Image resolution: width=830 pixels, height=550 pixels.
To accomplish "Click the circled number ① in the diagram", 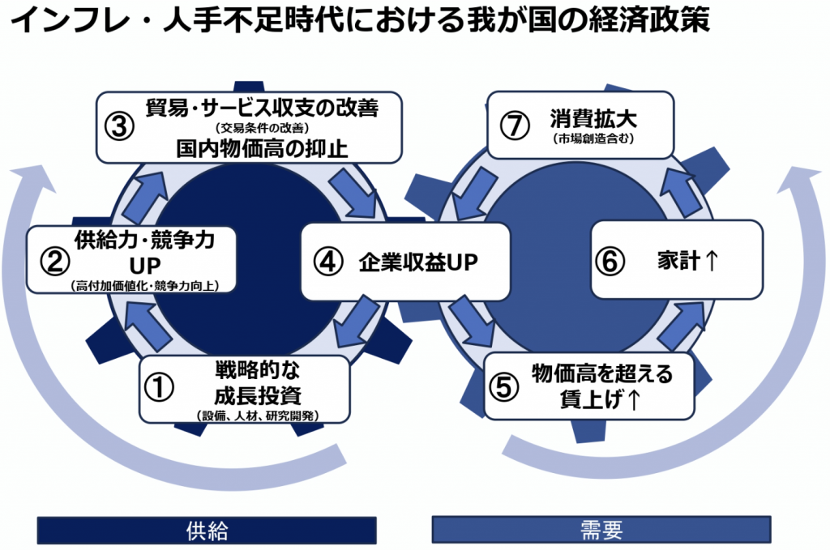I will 160,386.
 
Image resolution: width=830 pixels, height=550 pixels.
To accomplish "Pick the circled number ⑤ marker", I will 503,386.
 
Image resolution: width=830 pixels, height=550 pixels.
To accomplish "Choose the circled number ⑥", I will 612,261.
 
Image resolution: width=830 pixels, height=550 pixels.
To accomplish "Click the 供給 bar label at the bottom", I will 207,531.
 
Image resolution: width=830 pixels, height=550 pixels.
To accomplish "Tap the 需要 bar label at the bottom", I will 601,531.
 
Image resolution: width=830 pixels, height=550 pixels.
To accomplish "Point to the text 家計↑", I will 687,261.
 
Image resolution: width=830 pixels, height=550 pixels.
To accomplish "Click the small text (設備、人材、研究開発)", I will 257,416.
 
